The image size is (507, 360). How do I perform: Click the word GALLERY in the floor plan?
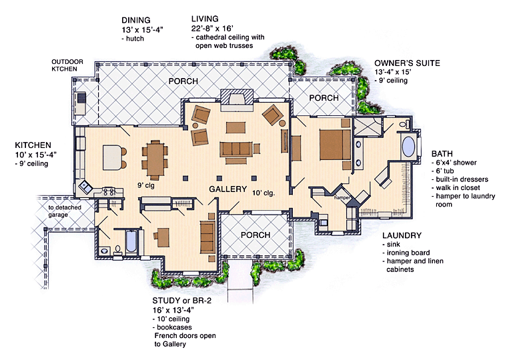pos(228,189)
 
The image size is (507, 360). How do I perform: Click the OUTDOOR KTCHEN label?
pos(68,65)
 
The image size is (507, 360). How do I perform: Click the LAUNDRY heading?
pos(402,235)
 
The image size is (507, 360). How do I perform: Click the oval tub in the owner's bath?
pos(406,147)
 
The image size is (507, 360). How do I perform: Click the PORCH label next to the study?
pos(256,235)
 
